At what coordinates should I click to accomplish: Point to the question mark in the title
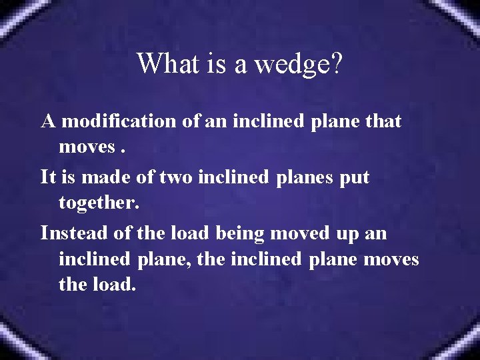(x=336, y=64)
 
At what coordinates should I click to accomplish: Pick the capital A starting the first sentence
(x=48, y=121)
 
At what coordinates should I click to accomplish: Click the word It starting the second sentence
(x=48, y=177)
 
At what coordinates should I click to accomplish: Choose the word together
(x=99, y=203)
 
